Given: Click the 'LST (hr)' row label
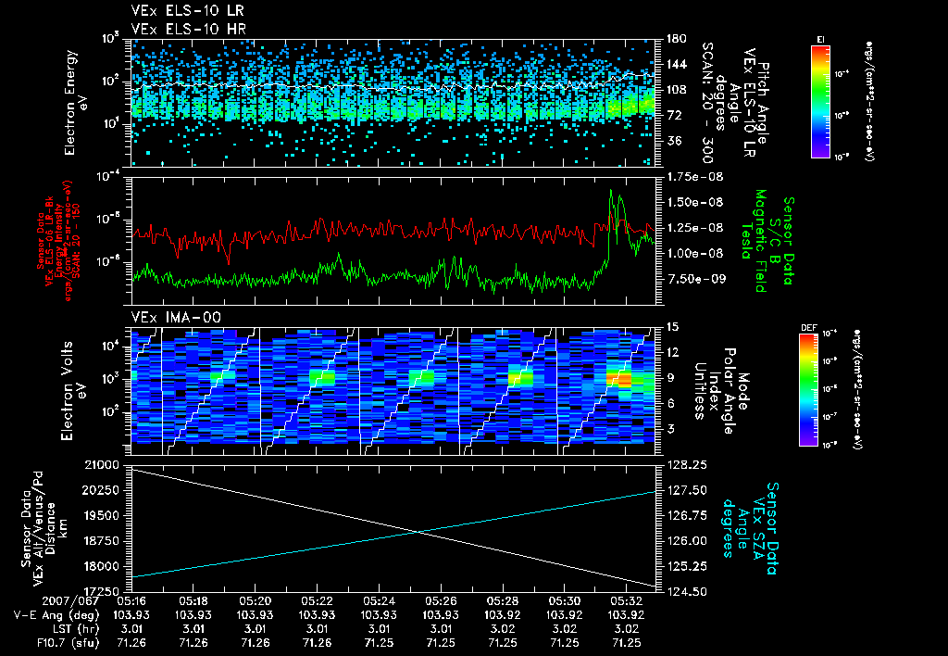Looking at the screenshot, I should (x=61, y=628).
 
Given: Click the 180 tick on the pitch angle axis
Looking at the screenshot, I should (x=675, y=39).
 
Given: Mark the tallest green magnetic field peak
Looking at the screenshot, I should (x=611, y=191).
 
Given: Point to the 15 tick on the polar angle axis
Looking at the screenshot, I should (x=672, y=326).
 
